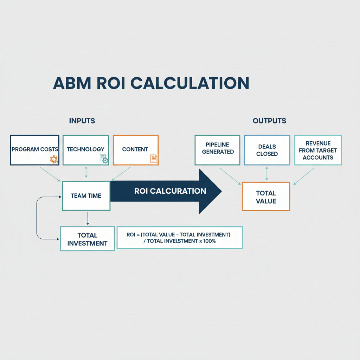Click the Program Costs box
point(35,150)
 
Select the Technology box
point(86,150)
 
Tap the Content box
point(135,150)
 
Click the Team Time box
point(86,196)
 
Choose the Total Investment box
point(87,239)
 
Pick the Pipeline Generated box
point(218,150)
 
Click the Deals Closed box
point(267,150)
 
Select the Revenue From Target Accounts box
point(318,150)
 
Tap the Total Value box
point(266,197)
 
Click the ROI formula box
point(179,238)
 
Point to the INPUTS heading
point(82,121)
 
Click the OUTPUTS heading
point(269,121)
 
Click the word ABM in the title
point(72,83)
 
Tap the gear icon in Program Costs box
point(54,159)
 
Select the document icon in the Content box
point(154,159)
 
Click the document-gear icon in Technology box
point(104,159)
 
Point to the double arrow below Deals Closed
point(266,174)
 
